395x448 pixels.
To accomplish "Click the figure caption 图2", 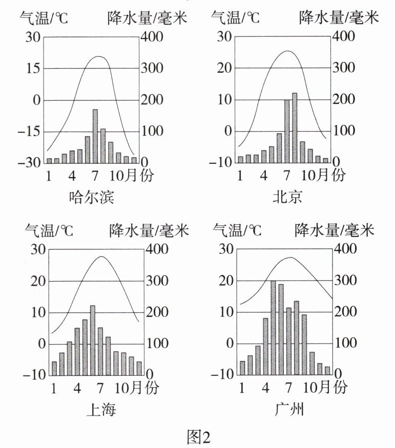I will (197, 437).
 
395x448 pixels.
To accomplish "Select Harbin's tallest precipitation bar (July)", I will (95, 136).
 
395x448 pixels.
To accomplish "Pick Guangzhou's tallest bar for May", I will (273, 328).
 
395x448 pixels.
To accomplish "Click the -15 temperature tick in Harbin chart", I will (29, 132).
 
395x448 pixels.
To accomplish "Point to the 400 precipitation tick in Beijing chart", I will (344, 37).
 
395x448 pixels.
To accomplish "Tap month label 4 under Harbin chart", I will (72, 175).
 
